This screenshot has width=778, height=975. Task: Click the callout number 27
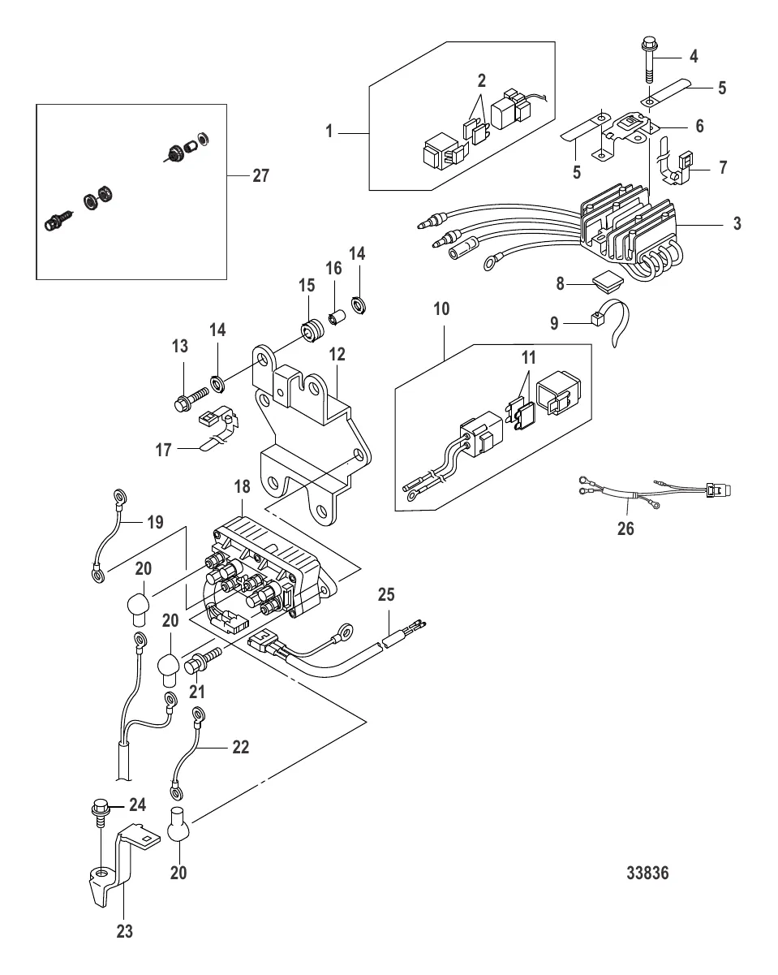tap(260, 175)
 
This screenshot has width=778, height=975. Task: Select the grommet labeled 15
tap(311, 332)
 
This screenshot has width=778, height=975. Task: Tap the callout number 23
tap(124, 932)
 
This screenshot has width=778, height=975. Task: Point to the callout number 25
tap(385, 595)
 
